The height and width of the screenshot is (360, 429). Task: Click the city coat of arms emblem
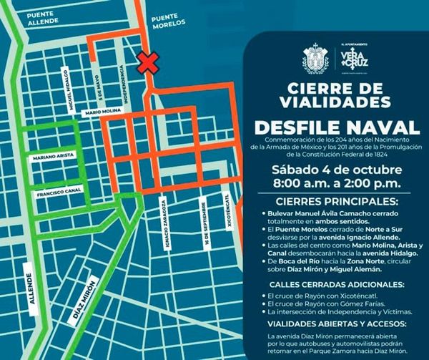[x=315, y=58]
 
